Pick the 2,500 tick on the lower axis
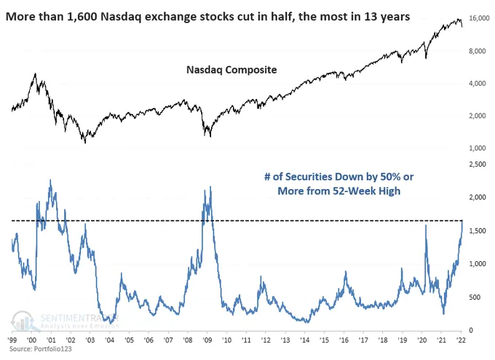coord(476,164)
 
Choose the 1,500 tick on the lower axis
coord(476,231)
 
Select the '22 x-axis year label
coord(462,340)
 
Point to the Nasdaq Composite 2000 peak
coord(35,73)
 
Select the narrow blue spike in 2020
coord(425,226)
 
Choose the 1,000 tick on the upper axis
coord(476,148)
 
